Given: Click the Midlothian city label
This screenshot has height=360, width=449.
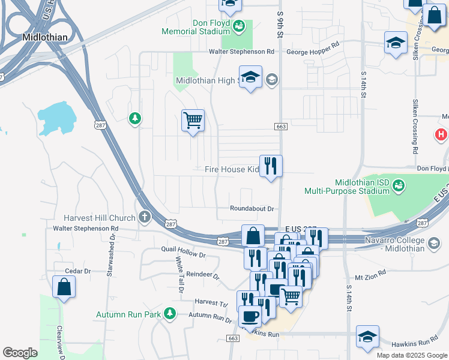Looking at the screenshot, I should (x=44, y=37).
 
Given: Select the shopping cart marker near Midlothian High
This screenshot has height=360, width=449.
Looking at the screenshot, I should (x=193, y=121).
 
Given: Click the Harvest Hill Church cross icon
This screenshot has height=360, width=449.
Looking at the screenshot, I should (x=144, y=217).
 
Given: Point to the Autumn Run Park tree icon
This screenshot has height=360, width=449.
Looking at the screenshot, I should (x=170, y=313).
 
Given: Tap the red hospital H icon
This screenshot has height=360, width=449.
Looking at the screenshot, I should (x=442, y=135).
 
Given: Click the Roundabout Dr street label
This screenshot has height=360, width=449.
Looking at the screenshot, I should (x=252, y=209).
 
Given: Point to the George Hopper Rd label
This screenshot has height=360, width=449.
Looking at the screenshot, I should (x=313, y=52).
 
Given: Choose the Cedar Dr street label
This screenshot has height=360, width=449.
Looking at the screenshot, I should (x=77, y=271).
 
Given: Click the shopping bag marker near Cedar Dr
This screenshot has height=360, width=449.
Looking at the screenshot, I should (x=64, y=287).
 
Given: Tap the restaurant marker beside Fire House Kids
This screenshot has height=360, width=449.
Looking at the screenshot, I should (x=271, y=166).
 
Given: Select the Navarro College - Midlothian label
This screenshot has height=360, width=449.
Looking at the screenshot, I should (x=403, y=244).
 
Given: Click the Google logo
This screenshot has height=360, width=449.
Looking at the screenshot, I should (x=20, y=353).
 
